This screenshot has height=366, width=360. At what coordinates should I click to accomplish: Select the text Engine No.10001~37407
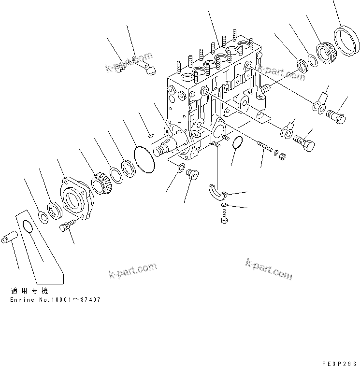pos(56,300)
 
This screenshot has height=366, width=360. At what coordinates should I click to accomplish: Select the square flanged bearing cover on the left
pos(76,198)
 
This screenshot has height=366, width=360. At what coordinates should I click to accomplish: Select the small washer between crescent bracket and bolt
pos(224,206)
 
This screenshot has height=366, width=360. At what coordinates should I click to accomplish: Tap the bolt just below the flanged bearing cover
pos(67,225)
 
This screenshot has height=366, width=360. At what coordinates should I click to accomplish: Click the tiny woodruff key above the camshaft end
pos(151,136)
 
